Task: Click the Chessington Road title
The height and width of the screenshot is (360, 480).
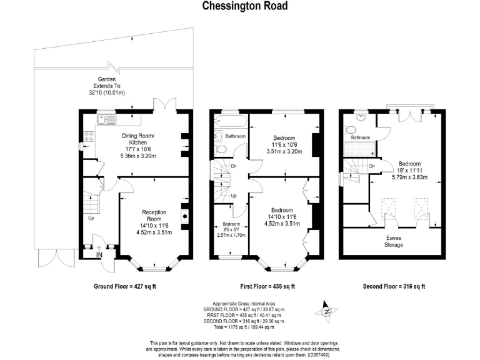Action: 240,7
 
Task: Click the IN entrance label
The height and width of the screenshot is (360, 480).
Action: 99,254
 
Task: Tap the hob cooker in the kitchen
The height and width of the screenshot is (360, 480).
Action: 88,136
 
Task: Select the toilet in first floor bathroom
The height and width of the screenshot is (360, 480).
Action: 219,151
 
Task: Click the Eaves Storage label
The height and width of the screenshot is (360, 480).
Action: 394,241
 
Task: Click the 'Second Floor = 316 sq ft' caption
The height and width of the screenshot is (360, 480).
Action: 394,286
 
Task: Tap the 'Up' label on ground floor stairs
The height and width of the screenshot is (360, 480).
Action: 91,218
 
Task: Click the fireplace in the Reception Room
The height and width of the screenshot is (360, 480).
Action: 186,216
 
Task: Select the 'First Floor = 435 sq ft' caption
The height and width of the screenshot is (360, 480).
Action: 267,286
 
